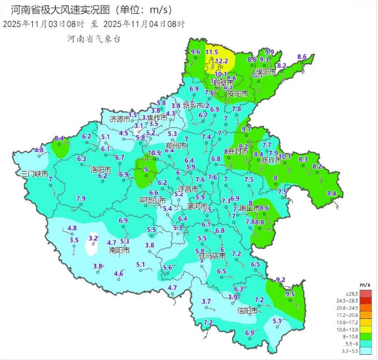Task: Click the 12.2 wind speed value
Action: coord(222,61)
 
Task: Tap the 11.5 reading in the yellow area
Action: coord(212,52)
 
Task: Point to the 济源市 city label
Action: coord(120,120)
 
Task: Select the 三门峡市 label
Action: coord(34,174)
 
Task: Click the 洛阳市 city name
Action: coord(101,170)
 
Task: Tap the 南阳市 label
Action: coord(120,250)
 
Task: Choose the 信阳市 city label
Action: coord(247,310)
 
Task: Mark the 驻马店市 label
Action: coord(213,256)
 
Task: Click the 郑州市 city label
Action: coord(176,145)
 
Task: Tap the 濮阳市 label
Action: coord(266,72)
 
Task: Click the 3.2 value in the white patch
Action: coord(93,238)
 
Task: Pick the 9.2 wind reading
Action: coord(280,280)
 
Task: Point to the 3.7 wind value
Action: coord(206,301)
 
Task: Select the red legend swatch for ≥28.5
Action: coord(367,293)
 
